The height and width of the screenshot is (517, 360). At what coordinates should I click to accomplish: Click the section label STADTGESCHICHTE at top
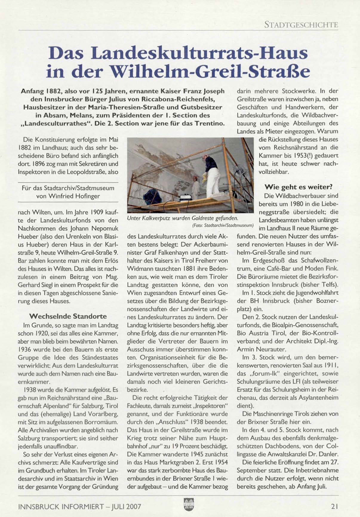pyautogui.click(x=301, y=25)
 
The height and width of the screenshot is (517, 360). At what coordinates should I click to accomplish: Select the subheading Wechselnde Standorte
pyautogui.click(x=68, y=316)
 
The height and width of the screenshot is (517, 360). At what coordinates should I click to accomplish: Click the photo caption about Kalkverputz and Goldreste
pyautogui.click(x=182, y=218)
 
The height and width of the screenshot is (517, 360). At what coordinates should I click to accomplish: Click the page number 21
pyautogui.click(x=334, y=506)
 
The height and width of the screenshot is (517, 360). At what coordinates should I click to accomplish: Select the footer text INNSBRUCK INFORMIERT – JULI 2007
pyautogui.click(x=79, y=506)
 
